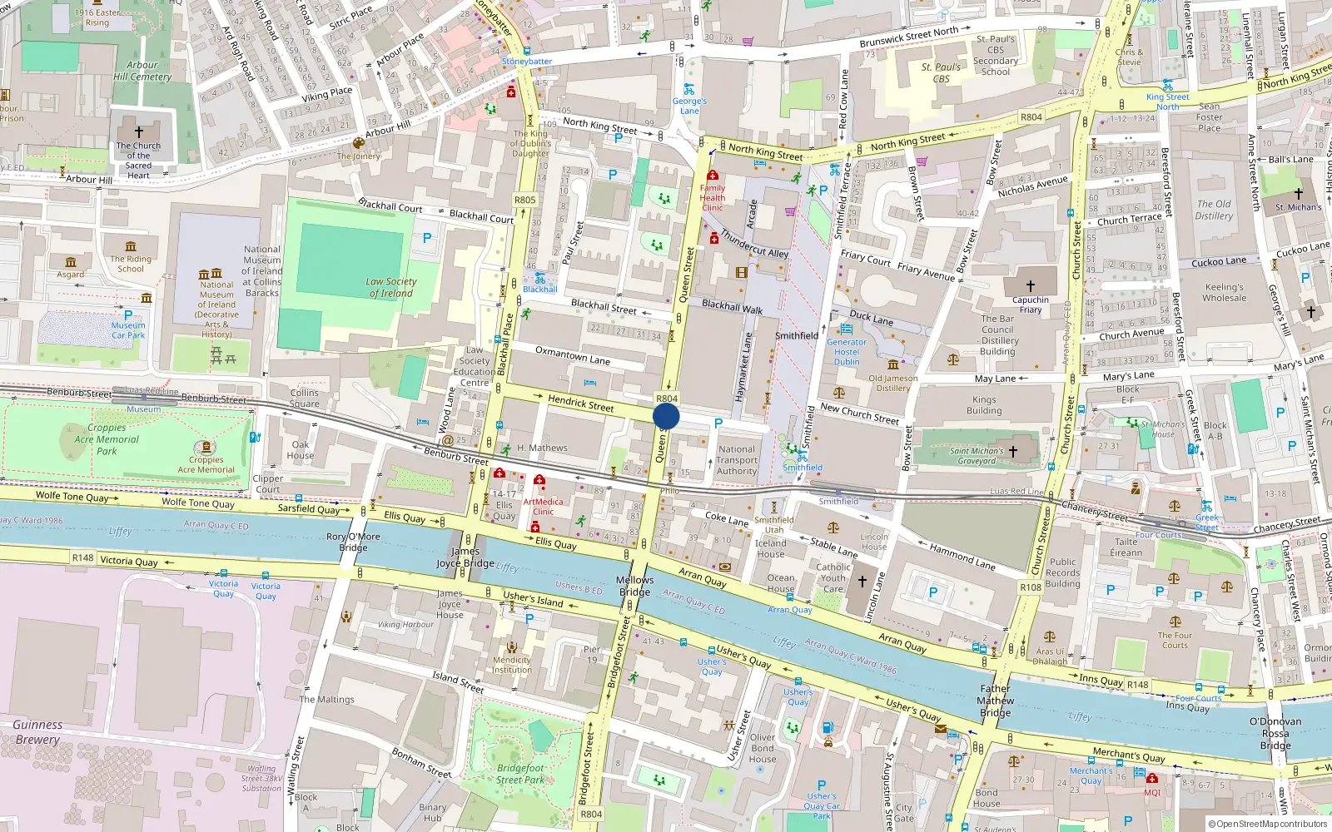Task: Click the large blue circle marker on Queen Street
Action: pyautogui.click(x=666, y=416)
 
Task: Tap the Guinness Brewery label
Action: pyautogui.click(x=37, y=732)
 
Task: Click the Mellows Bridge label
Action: pyautogui.click(x=634, y=586)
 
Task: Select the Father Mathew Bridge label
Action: pyautogui.click(x=995, y=700)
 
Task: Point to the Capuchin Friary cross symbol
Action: pyautogui.click(x=1030, y=285)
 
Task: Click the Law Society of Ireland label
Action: pyautogui.click(x=390, y=287)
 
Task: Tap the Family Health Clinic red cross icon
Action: pyautogui.click(x=713, y=176)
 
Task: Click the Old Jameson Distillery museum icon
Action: pyautogui.click(x=892, y=365)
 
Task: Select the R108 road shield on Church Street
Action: pyautogui.click(x=1030, y=587)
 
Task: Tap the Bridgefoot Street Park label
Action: pyautogui.click(x=520, y=774)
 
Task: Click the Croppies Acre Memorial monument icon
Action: pyautogui.click(x=206, y=448)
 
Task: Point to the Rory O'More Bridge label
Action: pyautogui.click(x=353, y=542)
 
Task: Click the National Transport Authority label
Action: pyautogui.click(x=737, y=460)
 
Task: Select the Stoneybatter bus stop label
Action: pyautogui.click(x=526, y=62)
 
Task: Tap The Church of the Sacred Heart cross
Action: pyautogui.click(x=138, y=132)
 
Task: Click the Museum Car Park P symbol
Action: pyautogui.click(x=128, y=315)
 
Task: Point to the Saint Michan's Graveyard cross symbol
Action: pyautogui.click(x=1013, y=451)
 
